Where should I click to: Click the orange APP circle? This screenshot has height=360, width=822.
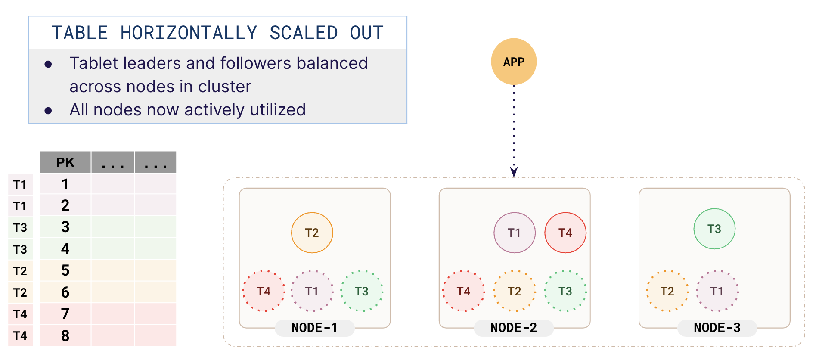(x=514, y=62)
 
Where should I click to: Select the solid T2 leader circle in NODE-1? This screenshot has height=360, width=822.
(x=312, y=233)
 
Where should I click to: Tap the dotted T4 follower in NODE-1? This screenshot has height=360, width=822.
(x=264, y=291)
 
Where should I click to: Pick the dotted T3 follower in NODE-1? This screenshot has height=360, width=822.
(x=362, y=291)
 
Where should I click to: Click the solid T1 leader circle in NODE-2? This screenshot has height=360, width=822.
(x=514, y=233)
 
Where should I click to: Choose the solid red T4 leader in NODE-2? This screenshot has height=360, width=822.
(x=565, y=233)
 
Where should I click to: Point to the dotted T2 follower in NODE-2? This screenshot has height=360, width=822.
(x=514, y=291)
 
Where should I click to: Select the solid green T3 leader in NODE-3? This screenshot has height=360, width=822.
(x=714, y=229)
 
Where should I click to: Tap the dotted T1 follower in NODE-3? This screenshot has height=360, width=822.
(x=717, y=291)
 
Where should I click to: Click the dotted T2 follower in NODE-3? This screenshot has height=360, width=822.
(x=667, y=291)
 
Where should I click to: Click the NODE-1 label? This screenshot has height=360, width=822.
(x=314, y=328)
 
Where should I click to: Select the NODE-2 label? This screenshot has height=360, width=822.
(x=514, y=328)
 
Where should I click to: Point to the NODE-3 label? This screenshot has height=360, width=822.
(x=717, y=328)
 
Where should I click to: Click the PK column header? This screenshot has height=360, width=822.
(x=65, y=162)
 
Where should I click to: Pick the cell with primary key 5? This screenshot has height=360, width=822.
(x=65, y=270)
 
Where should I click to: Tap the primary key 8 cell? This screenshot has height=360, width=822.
(x=65, y=335)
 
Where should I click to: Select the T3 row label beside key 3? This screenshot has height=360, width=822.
(x=20, y=227)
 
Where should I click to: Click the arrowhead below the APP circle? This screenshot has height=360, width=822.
(x=514, y=172)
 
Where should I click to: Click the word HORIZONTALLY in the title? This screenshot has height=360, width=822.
(x=189, y=33)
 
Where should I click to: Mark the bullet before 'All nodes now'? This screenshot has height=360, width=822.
(x=48, y=111)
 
